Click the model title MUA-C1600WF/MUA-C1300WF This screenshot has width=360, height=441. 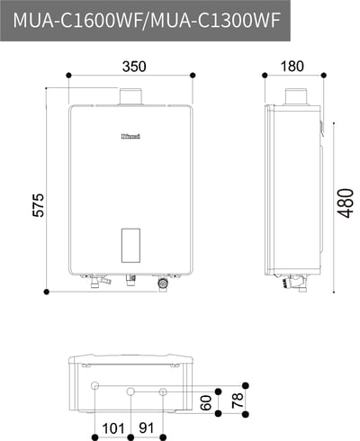(147, 21)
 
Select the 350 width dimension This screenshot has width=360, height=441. (133, 67)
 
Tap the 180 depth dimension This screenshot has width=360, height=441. (292, 67)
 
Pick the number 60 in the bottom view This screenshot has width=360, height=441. (206, 401)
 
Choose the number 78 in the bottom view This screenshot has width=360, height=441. (238, 400)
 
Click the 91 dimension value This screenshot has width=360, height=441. (148, 427)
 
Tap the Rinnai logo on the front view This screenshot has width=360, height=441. (132, 137)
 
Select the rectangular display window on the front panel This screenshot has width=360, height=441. (131, 245)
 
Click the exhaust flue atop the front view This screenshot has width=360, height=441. (132, 96)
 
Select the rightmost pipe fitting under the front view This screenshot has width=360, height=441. (163, 283)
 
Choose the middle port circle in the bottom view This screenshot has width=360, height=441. (131, 392)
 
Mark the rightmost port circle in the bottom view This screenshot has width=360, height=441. (163, 392)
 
